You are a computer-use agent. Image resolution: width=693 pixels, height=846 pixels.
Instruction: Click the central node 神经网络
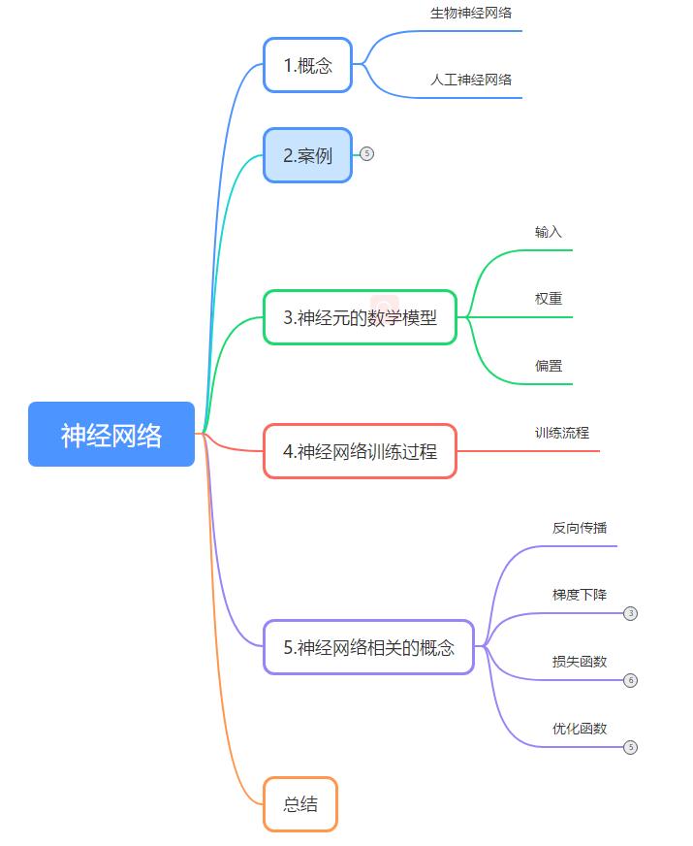pyautogui.click(x=111, y=435)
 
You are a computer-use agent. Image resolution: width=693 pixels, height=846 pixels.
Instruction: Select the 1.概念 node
pyautogui.click(x=307, y=65)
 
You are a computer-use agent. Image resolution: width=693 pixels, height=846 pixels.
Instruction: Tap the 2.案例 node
pyautogui.click(x=307, y=155)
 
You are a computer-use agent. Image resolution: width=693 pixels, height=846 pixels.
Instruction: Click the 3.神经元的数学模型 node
pyautogui.click(x=360, y=317)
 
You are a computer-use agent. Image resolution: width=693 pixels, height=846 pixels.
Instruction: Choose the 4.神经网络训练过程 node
pyautogui.click(x=360, y=451)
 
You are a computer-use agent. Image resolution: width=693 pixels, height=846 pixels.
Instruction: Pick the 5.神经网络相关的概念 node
pyautogui.click(x=368, y=647)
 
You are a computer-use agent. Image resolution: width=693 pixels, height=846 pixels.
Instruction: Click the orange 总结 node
pyautogui.click(x=300, y=804)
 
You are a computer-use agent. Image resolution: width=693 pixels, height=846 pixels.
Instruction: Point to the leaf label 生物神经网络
pyautogui.click(x=471, y=14)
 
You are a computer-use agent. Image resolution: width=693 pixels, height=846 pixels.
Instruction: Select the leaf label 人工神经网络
pyautogui.click(x=471, y=80)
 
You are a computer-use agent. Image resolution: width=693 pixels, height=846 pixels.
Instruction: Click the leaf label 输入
pyautogui.click(x=549, y=232)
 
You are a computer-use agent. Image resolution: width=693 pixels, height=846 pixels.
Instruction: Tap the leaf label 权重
pyautogui.click(x=549, y=299)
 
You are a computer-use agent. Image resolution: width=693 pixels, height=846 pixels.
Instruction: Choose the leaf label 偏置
pyautogui.click(x=549, y=366)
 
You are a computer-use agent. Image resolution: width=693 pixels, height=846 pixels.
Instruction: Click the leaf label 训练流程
pyautogui.click(x=562, y=433)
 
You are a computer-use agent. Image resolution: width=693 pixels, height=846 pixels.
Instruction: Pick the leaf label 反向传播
pyautogui.click(x=580, y=528)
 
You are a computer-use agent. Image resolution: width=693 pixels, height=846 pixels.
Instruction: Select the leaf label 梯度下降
pyautogui.click(x=580, y=595)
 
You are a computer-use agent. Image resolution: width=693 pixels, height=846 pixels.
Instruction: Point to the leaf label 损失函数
pyautogui.click(x=580, y=662)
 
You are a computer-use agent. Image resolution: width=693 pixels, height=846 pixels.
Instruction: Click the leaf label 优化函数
pyautogui.click(x=580, y=728)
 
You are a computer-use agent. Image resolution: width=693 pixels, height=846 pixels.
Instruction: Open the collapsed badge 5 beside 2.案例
pyautogui.click(x=366, y=153)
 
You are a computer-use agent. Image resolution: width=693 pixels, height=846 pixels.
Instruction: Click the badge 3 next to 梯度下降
pyautogui.click(x=631, y=613)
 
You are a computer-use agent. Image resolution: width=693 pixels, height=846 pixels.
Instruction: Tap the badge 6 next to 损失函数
pyautogui.click(x=631, y=680)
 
